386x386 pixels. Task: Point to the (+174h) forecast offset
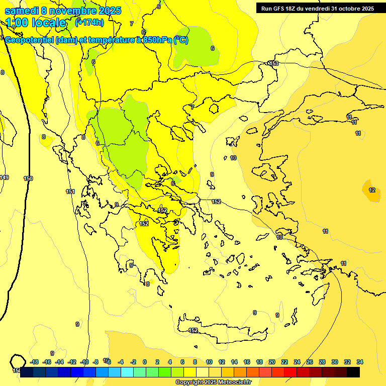coord(89,22)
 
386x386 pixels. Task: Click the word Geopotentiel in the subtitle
coord(29,40)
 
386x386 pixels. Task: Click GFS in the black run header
coord(279,9)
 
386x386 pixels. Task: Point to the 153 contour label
coord(274,63)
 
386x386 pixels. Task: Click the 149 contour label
coord(5,177)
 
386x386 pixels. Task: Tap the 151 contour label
coord(70,191)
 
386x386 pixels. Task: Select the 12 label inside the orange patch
coord(372,190)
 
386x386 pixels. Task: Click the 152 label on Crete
coord(193,330)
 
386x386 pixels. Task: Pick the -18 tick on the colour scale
coord(35,362)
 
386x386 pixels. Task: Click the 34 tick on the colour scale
coord(360,362)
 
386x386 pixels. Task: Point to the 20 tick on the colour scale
coord(272,362)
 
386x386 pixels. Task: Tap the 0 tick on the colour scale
coord(145,362)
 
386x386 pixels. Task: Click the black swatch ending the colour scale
coord(353,372)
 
